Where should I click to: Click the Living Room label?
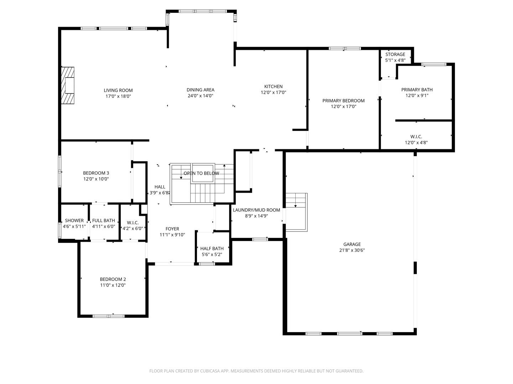pyautogui.click(x=118, y=90)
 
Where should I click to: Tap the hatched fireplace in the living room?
pyautogui.click(x=68, y=86)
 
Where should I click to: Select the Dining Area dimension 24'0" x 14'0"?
pyautogui.click(x=200, y=96)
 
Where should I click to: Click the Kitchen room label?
pyautogui.click(x=273, y=86)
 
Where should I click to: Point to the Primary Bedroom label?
pyautogui.click(x=343, y=101)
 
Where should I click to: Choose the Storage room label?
pyautogui.click(x=395, y=54)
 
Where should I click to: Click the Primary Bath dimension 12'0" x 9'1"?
pyautogui.click(x=417, y=95)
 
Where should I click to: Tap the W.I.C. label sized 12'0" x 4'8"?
pyautogui.click(x=416, y=137)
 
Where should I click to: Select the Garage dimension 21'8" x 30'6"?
pyautogui.click(x=352, y=250)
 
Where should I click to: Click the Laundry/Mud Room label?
pyautogui.click(x=256, y=210)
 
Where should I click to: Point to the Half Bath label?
pyautogui.click(x=212, y=249)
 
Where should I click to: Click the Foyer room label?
pyautogui.click(x=172, y=229)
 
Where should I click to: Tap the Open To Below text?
pyautogui.click(x=201, y=173)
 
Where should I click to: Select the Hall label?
pyautogui.click(x=160, y=187)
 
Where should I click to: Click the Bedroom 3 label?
pyautogui.click(x=96, y=173)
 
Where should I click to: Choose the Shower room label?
pyautogui.click(x=74, y=220)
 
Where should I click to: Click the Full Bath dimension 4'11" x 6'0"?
pyautogui.click(x=103, y=226)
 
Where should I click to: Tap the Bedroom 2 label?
pyautogui.click(x=113, y=279)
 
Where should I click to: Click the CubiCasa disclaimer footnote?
pyautogui.click(x=256, y=371)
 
